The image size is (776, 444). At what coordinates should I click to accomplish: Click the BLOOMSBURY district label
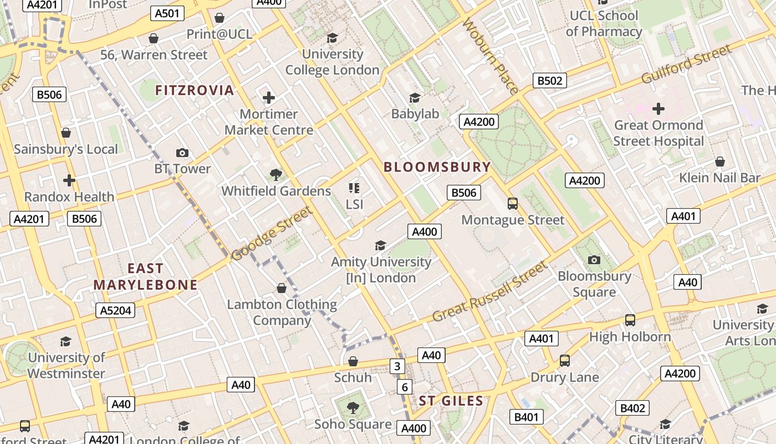(x=437, y=167)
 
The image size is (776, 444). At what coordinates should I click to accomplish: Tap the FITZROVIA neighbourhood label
(x=195, y=90)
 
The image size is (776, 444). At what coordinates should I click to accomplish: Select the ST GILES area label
(x=451, y=401)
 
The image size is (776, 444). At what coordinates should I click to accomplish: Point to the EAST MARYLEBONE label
(x=145, y=276)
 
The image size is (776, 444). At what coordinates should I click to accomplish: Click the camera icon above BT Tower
(x=182, y=153)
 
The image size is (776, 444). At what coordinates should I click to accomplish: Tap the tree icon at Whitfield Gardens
(x=275, y=175)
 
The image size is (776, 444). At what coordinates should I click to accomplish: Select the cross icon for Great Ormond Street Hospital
(x=658, y=108)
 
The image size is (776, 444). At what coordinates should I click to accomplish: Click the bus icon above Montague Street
(x=513, y=204)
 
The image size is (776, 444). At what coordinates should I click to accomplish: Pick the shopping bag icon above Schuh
(x=353, y=362)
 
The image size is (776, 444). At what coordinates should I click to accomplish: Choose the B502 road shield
(x=550, y=81)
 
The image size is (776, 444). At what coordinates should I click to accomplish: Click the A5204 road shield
(x=115, y=310)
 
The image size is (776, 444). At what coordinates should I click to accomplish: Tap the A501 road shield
(x=167, y=13)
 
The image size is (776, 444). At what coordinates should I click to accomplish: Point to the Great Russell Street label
(x=489, y=292)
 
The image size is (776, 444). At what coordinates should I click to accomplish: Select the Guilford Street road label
(x=686, y=65)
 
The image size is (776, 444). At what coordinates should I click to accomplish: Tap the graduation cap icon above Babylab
(x=415, y=98)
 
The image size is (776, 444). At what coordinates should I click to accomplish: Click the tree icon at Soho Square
(x=353, y=408)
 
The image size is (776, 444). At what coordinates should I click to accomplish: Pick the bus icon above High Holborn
(x=630, y=320)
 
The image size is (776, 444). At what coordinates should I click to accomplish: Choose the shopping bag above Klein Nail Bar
(x=719, y=162)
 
